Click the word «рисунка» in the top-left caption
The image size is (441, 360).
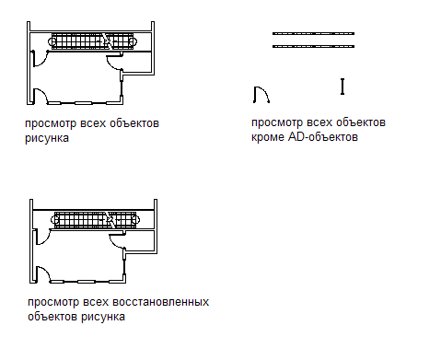coord(47,138)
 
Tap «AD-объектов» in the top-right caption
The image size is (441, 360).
coord(323,136)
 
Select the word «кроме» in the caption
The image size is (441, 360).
coord(268,137)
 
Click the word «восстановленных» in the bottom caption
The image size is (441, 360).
coord(160,302)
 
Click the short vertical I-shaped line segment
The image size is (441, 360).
coord(342,87)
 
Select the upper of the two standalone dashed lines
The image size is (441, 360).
coord(313,33)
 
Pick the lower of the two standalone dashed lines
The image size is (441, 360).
coord(313,46)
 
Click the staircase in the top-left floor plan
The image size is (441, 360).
coord(92,41)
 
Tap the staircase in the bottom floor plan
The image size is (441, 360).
coord(95,220)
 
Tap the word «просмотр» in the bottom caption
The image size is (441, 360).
coord(53,302)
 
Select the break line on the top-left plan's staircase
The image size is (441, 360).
coord(107,41)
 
